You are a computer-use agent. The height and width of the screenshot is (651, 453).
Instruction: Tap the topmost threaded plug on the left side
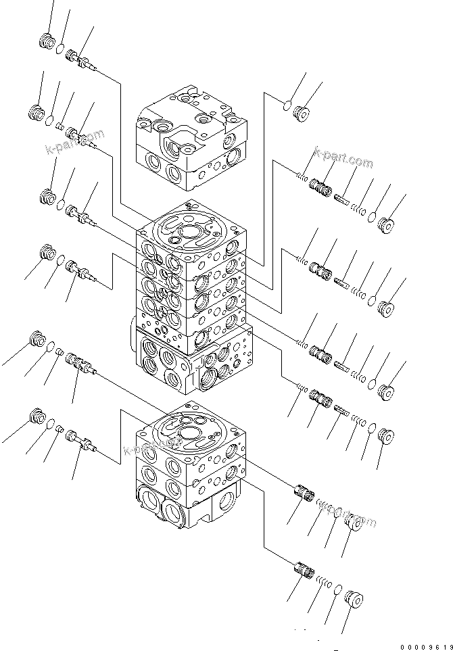pos(47,42)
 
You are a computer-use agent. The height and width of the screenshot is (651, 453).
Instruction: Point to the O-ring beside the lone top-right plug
pos(287,104)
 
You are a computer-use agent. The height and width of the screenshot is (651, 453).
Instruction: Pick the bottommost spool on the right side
pos(304,570)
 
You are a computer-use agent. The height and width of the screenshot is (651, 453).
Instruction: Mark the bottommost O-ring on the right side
pos(338,590)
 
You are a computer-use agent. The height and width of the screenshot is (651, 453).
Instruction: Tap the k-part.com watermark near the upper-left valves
pos(74,143)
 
